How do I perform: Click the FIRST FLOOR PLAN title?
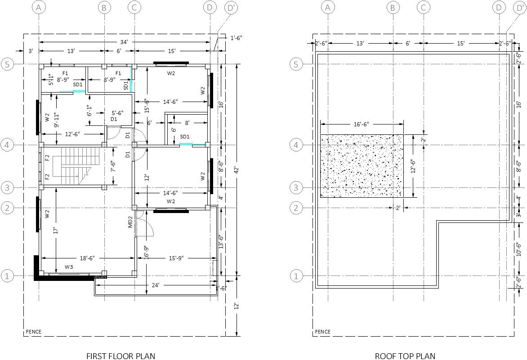click(x=121, y=356)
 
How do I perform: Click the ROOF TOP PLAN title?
click(x=405, y=356)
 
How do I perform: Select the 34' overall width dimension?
click(x=124, y=42)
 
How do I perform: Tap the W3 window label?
click(x=69, y=267)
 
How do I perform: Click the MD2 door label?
click(x=130, y=222)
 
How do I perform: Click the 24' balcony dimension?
click(x=156, y=284)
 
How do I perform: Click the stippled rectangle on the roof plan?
click(x=362, y=166)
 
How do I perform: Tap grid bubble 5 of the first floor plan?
click(x=7, y=64)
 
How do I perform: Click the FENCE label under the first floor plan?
click(x=33, y=332)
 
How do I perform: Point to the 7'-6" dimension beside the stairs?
click(x=113, y=166)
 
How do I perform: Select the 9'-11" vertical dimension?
click(x=55, y=120)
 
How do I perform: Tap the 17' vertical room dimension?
click(x=55, y=230)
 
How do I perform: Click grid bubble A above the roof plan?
click(x=328, y=7)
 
